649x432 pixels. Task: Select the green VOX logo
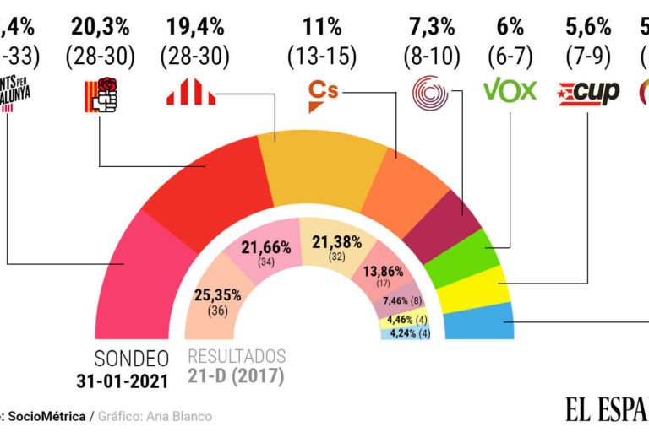[x=510, y=90]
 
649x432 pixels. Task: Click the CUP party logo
[x=588, y=91]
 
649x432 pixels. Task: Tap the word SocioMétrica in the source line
[x=52, y=416]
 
